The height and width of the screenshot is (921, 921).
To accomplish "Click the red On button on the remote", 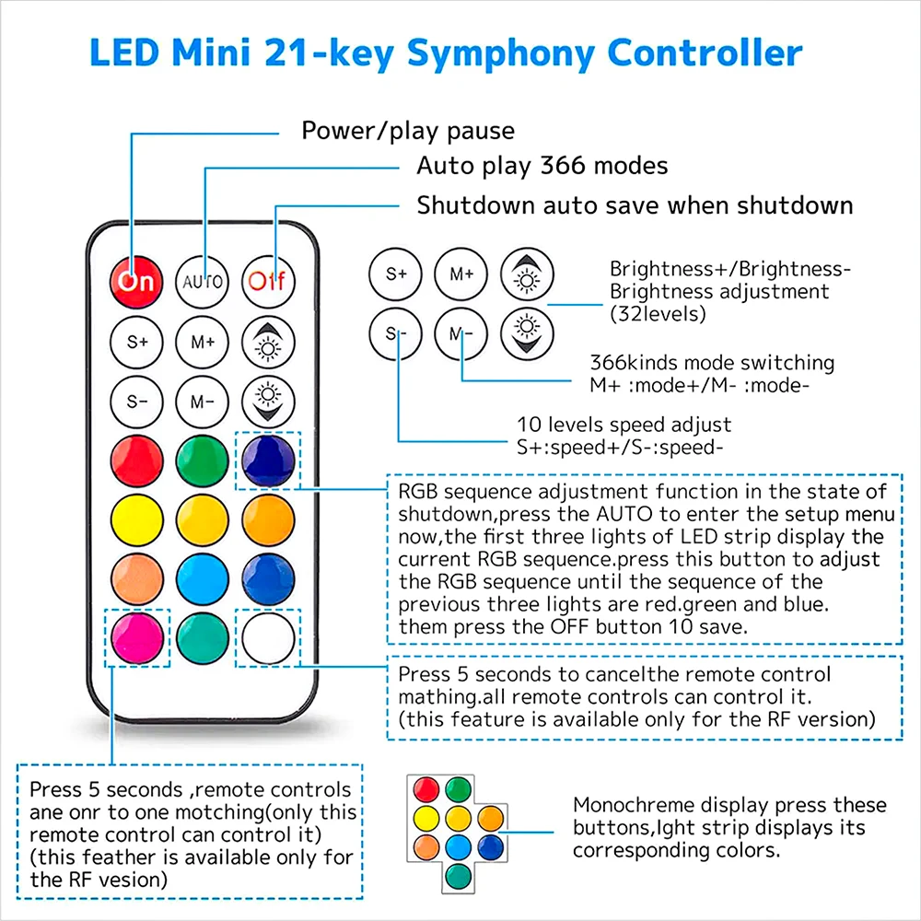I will [136, 280].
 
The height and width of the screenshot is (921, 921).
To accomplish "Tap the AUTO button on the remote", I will [202, 280].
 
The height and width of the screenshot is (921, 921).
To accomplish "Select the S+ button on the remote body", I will [136, 342].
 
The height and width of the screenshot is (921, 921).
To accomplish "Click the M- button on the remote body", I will [202, 402].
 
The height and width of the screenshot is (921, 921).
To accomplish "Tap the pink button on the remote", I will [136, 635].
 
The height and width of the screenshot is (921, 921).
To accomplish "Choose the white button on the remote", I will [268, 635].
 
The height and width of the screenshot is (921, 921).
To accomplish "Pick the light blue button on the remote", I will [202, 577].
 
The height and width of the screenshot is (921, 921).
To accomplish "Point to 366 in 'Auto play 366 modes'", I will [566, 167].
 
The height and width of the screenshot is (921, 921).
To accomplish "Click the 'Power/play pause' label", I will [408, 131].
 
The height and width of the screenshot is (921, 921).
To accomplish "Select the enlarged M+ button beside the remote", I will [461, 274].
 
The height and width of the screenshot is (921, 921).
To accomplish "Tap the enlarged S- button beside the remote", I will [395, 333].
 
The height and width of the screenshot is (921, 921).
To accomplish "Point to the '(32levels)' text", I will [658, 313].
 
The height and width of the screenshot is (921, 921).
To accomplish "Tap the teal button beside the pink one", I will [202, 635].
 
